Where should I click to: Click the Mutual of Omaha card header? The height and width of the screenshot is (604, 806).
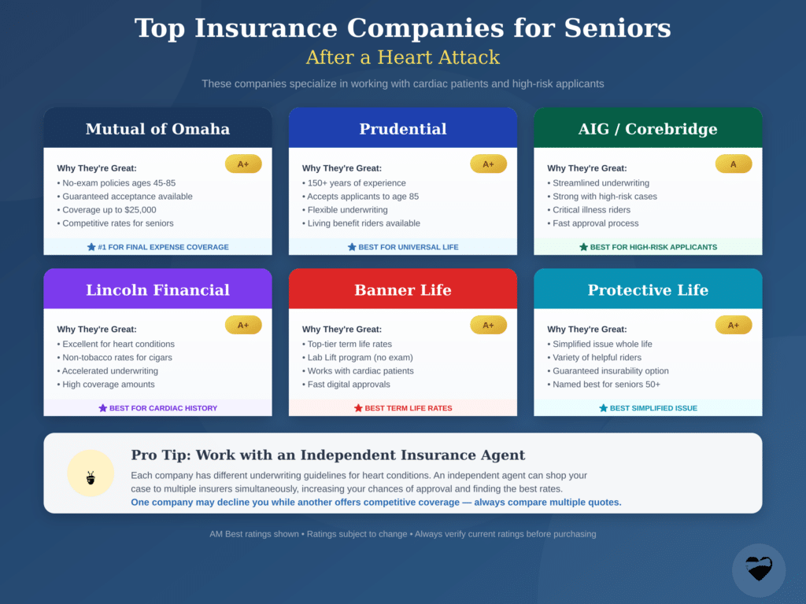tap(157, 129)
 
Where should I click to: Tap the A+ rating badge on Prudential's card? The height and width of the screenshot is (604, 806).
tap(488, 164)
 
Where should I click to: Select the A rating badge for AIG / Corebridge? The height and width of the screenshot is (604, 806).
tap(734, 164)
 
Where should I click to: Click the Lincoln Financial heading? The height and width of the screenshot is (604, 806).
tap(157, 290)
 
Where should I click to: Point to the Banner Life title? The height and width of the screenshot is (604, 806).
tap(403, 290)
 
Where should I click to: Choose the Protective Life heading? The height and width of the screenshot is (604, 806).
tap(648, 290)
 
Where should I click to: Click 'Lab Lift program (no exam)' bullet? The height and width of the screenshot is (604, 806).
tap(357, 358)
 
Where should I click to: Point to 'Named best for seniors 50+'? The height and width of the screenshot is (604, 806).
tap(604, 385)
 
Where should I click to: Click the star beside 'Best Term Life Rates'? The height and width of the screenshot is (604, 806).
tap(358, 408)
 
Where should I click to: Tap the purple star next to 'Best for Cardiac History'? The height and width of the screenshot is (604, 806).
tap(103, 408)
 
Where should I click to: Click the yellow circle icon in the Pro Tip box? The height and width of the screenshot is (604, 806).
tap(91, 473)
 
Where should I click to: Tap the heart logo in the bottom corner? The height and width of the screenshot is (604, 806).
tap(759, 569)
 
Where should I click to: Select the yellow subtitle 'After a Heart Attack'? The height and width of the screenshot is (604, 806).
tap(403, 57)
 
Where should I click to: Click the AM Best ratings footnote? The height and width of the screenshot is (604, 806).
tap(403, 534)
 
